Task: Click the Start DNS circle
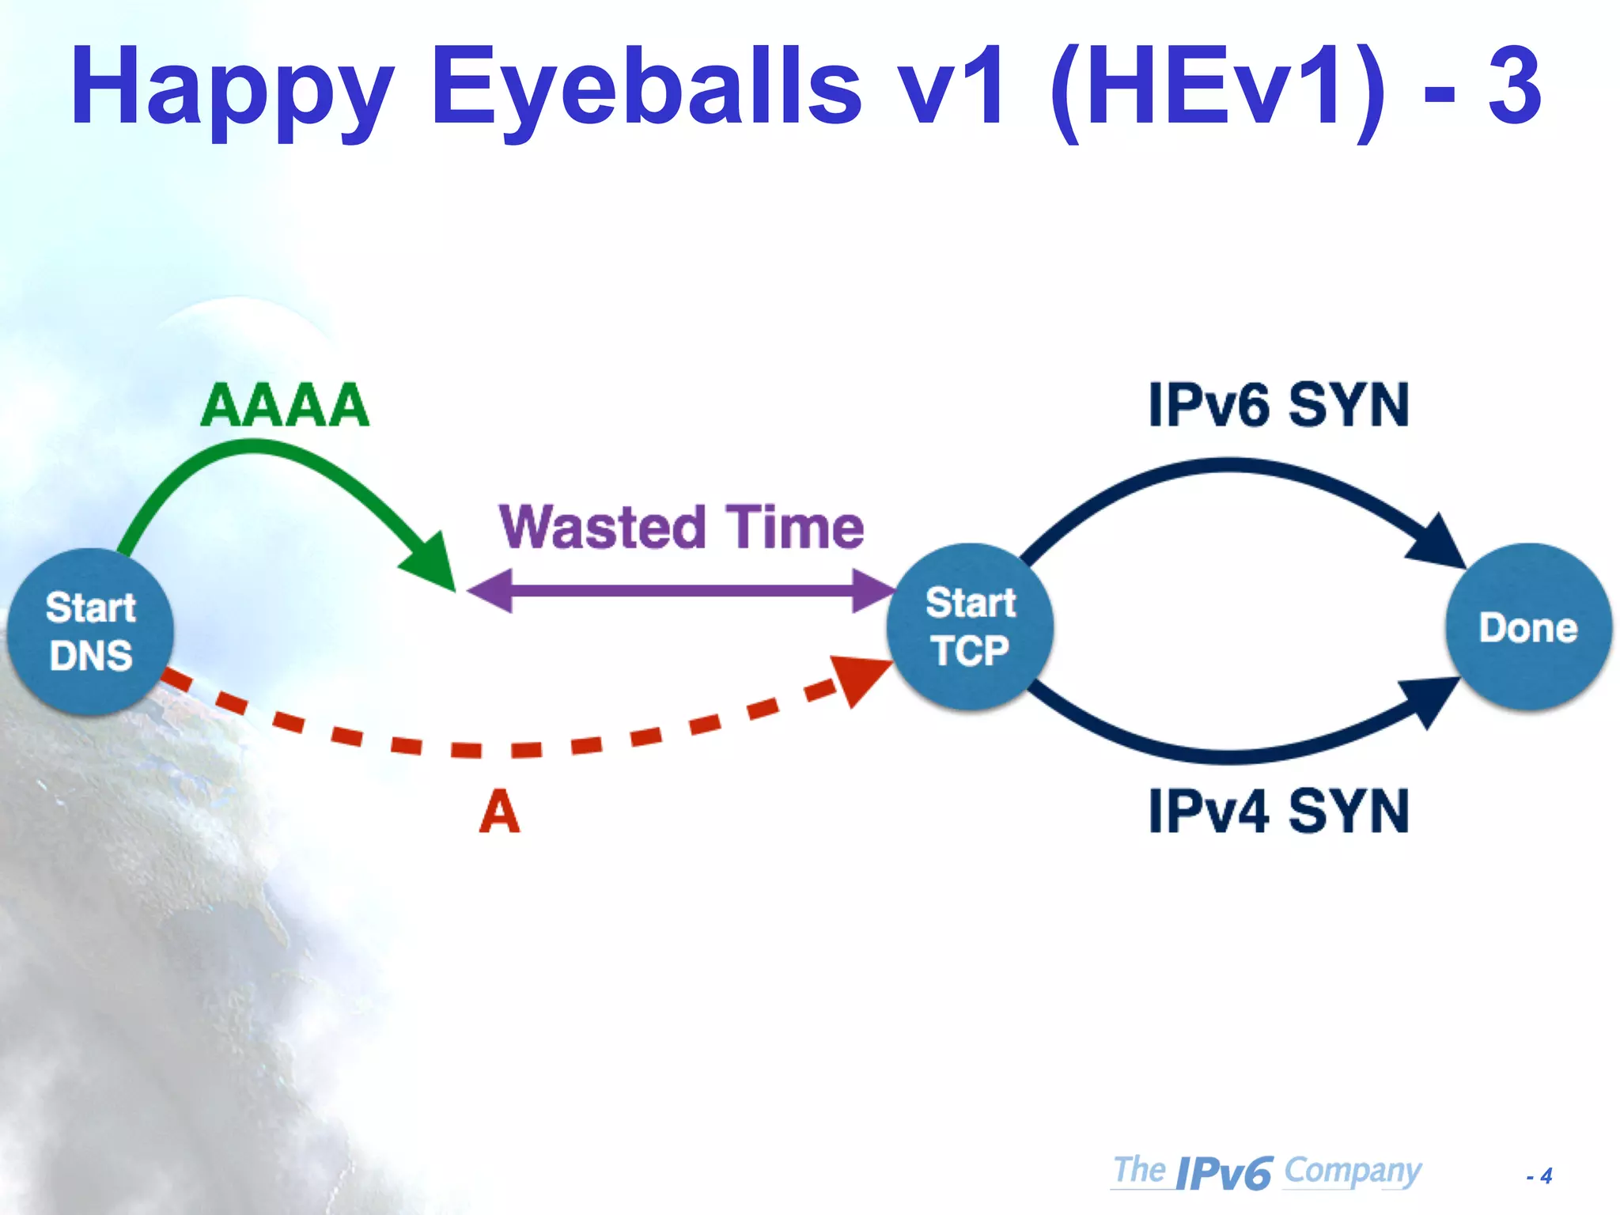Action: [x=90, y=631]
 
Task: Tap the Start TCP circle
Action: [x=970, y=626]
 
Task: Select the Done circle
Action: [x=1527, y=626]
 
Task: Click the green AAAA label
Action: [x=285, y=405]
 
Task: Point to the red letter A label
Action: [x=499, y=812]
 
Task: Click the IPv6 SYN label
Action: [x=1278, y=405]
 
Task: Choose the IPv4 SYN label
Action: [x=1278, y=812]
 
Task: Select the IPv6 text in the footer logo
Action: [x=1223, y=1173]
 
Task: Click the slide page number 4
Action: [x=1546, y=1176]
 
